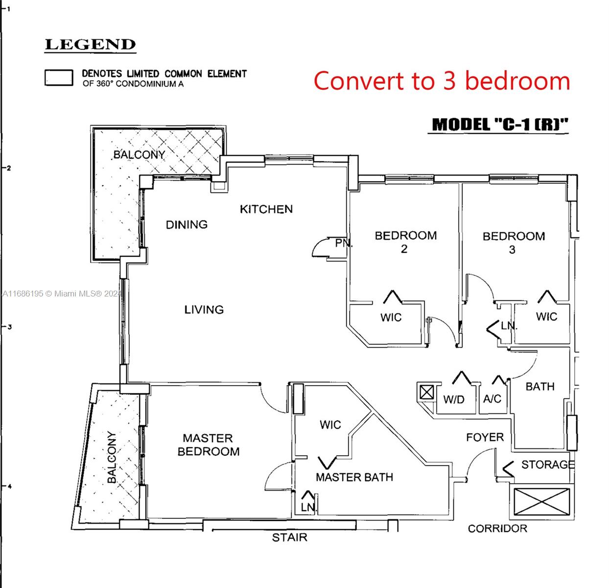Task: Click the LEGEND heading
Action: (90, 45)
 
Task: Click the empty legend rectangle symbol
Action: (59, 77)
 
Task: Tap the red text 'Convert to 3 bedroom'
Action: (442, 80)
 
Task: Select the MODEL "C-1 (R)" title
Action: (500, 124)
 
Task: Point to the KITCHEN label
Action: (266, 209)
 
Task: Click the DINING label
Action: (187, 224)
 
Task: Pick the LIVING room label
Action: (204, 310)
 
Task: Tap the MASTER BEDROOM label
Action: (209, 444)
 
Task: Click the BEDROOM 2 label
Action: (405, 242)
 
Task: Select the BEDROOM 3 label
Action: (514, 243)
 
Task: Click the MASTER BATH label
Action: (354, 477)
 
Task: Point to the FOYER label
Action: (485, 437)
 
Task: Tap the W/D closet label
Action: (454, 399)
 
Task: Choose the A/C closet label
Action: (492, 399)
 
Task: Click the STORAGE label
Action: (548, 464)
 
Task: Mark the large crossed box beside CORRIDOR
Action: (542, 502)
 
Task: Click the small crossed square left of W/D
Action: (426, 392)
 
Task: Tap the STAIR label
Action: (289, 537)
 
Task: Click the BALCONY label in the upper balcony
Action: (139, 154)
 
